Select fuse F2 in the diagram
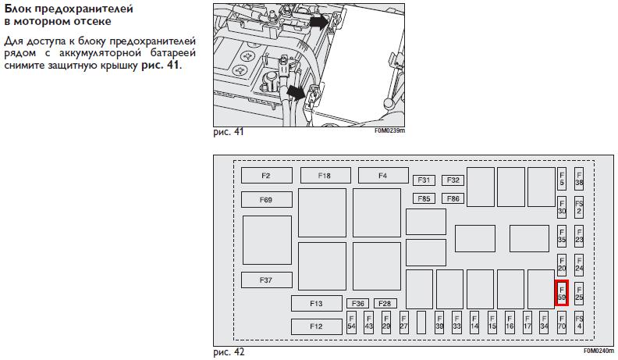click(266, 176)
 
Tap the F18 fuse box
click(324, 176)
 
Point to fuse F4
click(382, 176)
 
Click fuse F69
click(266, 201)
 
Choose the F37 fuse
click(266, 280)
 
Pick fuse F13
click(316, 303)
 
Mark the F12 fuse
click(316, 326)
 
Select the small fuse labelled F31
click(424, 180)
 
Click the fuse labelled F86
click(453, 198)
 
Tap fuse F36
click(358, 303)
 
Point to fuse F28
click(385, 303)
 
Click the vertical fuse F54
click(351, 323)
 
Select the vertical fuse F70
click(562, 323)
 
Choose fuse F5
click(562, 179)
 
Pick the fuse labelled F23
click(579, 236)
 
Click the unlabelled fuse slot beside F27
click(421, 323)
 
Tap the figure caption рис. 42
click(229, 352)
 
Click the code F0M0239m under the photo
click(389, 131)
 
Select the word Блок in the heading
click(17, 9)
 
